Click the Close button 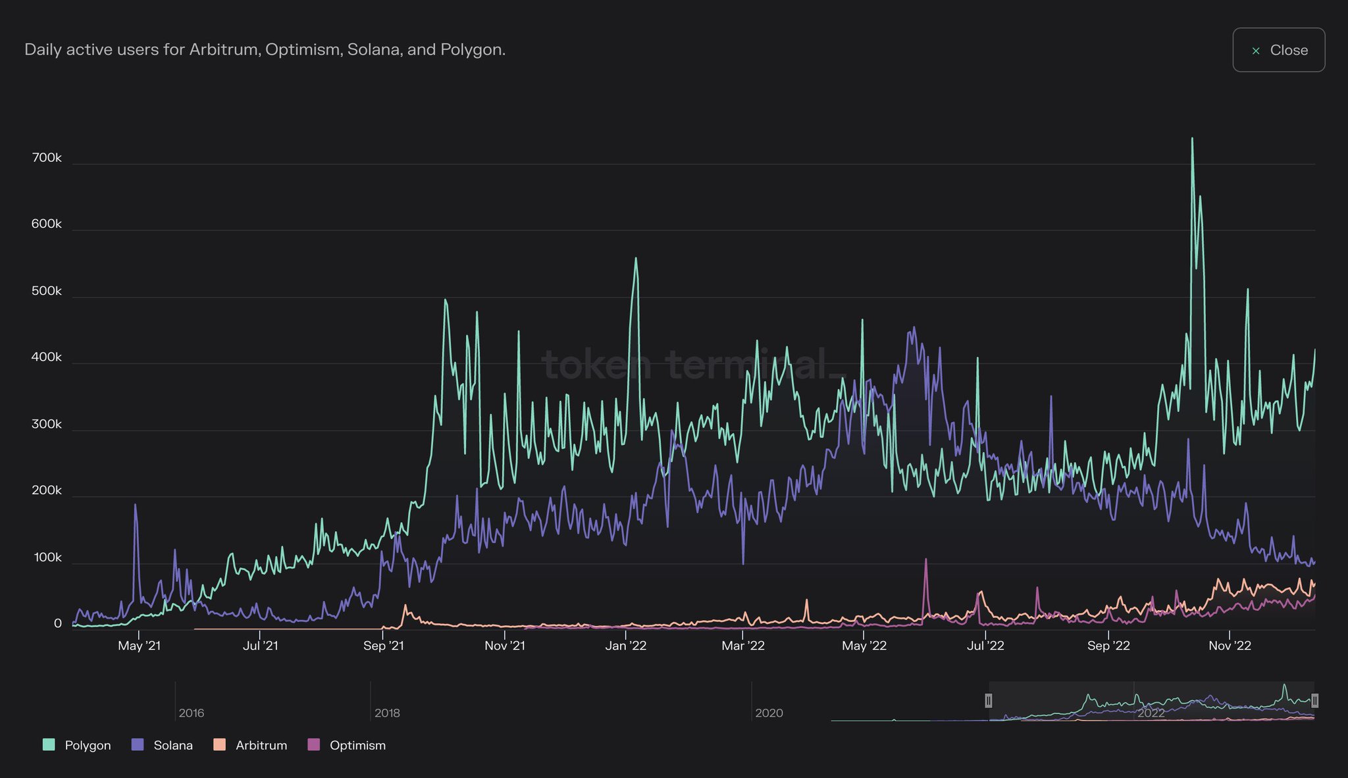coord(1278,50)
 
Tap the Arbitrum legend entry coord(251,745)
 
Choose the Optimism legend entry coord(347,745)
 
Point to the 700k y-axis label coord(47,158)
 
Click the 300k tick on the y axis coord(47,425)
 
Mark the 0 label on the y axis coord(58,623)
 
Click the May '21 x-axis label coord(139,646)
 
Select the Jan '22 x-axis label coord(625,646)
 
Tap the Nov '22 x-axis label coord(1230,646)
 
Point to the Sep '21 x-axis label coord(383,646)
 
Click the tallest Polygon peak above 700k coord(1192,139)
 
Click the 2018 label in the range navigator coord(387,713)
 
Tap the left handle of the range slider coord(988,700)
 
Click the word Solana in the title coord(375,50)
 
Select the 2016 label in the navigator coord(192,713)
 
